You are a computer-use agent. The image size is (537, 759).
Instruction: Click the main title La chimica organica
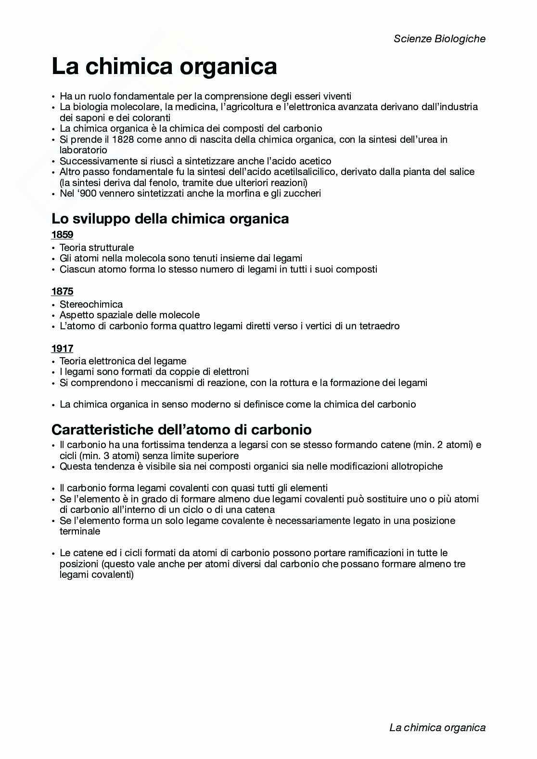point(164,66)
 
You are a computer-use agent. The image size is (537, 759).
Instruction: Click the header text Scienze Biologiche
point(439,39)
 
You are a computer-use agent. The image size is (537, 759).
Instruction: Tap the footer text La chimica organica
point(437,727)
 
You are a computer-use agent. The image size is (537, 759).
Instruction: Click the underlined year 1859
point(62,235)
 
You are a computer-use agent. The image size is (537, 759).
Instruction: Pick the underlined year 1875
point(62,291)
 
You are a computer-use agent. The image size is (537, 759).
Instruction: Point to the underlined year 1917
point(62,348)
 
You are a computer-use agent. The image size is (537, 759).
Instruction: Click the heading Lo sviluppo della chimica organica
point(170,219)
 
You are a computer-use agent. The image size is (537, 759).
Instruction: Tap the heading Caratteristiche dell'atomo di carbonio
point(181,429)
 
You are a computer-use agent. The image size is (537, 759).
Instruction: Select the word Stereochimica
point(91,304)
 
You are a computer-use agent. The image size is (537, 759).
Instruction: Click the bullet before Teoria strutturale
point(53,248)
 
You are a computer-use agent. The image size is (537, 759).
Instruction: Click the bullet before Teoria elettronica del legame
point(53,361)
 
